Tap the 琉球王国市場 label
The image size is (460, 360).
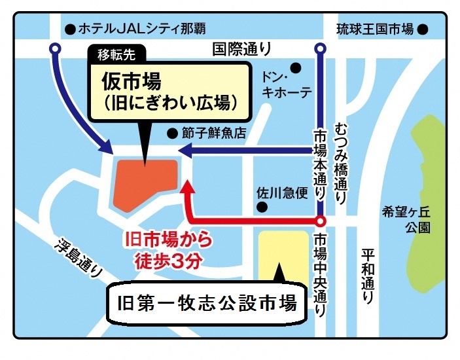pyautogui.click(x=376, y=29)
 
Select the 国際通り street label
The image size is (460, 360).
pyautogui.click(x=241, y=48)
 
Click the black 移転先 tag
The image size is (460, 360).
pyautogui.click(x=116, y=54)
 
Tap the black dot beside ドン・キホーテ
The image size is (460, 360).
pyautogui.click(x=296, y=66)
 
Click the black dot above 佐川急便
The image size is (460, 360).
pyautogui.click(x=262, y=208)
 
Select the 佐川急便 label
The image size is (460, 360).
pyautogui.click(x=281, y=194)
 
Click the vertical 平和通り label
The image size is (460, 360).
pyautogui.click(x=367, y=275)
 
